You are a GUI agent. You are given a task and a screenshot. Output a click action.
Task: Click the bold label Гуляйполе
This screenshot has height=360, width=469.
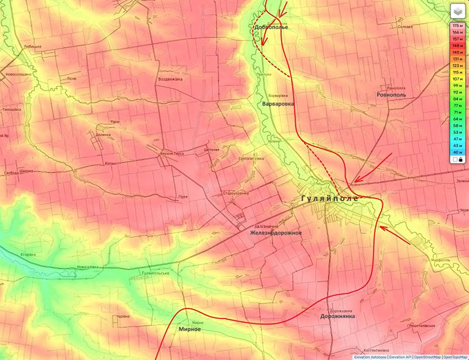(330, 199)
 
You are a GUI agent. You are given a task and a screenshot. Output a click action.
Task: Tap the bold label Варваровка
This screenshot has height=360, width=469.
(279, 104)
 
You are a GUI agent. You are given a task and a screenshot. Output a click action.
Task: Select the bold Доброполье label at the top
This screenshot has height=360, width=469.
(271, 27)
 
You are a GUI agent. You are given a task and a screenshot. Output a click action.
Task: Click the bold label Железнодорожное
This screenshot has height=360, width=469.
(276, 233)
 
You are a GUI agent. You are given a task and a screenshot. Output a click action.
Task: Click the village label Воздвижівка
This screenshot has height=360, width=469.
(170, 79)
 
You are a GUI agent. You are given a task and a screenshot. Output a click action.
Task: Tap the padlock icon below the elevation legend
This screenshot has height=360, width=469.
(461, 159)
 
